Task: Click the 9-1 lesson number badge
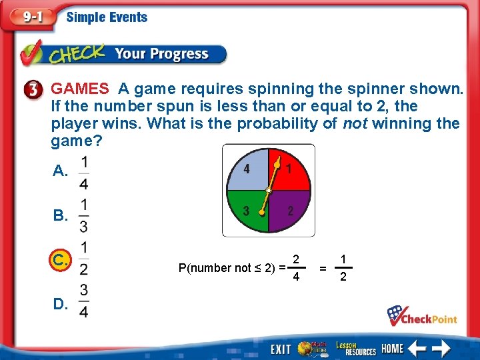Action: pyautogui.click(x=29, y=17)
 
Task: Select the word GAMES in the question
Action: pyautogui.click(x=80, y=89)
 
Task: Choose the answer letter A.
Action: pyautogui.click(x=60, y=171)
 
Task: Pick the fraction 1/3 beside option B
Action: pyautogui.click(x=83, y=215)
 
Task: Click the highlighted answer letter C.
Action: pyautogui.click(x=61, y=260)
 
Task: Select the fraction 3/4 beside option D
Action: pyautogui.click(x=83, y=301)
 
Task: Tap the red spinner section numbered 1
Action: pyautogui.click(x=289, y=169)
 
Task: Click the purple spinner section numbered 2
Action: pyautogui.click(x=290, y=211)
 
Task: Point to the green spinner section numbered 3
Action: pyautogui.click(x=247, y=211)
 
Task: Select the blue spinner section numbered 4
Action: pyautogui.click(x=247, y=169)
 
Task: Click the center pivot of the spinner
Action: pyautogui.click(x=268, y=191)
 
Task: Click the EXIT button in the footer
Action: pyautogui.click(x=281, y=349)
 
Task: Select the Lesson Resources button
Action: pyautogui.click(x=356, y=348)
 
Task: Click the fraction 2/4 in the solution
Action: pyautogui.click(x=296, y=267)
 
